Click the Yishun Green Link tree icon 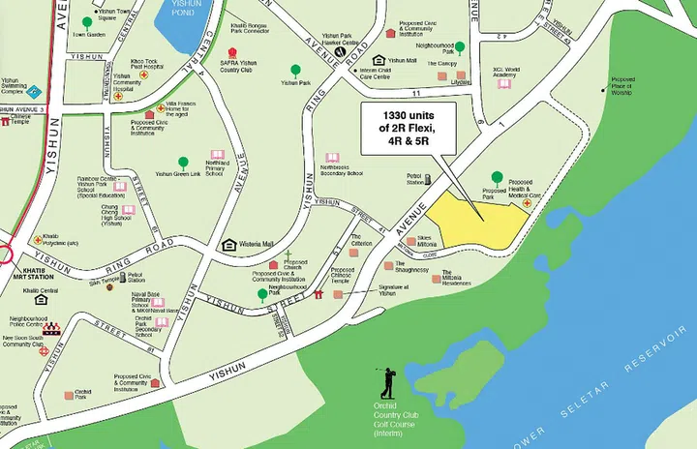tap(183, 163)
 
